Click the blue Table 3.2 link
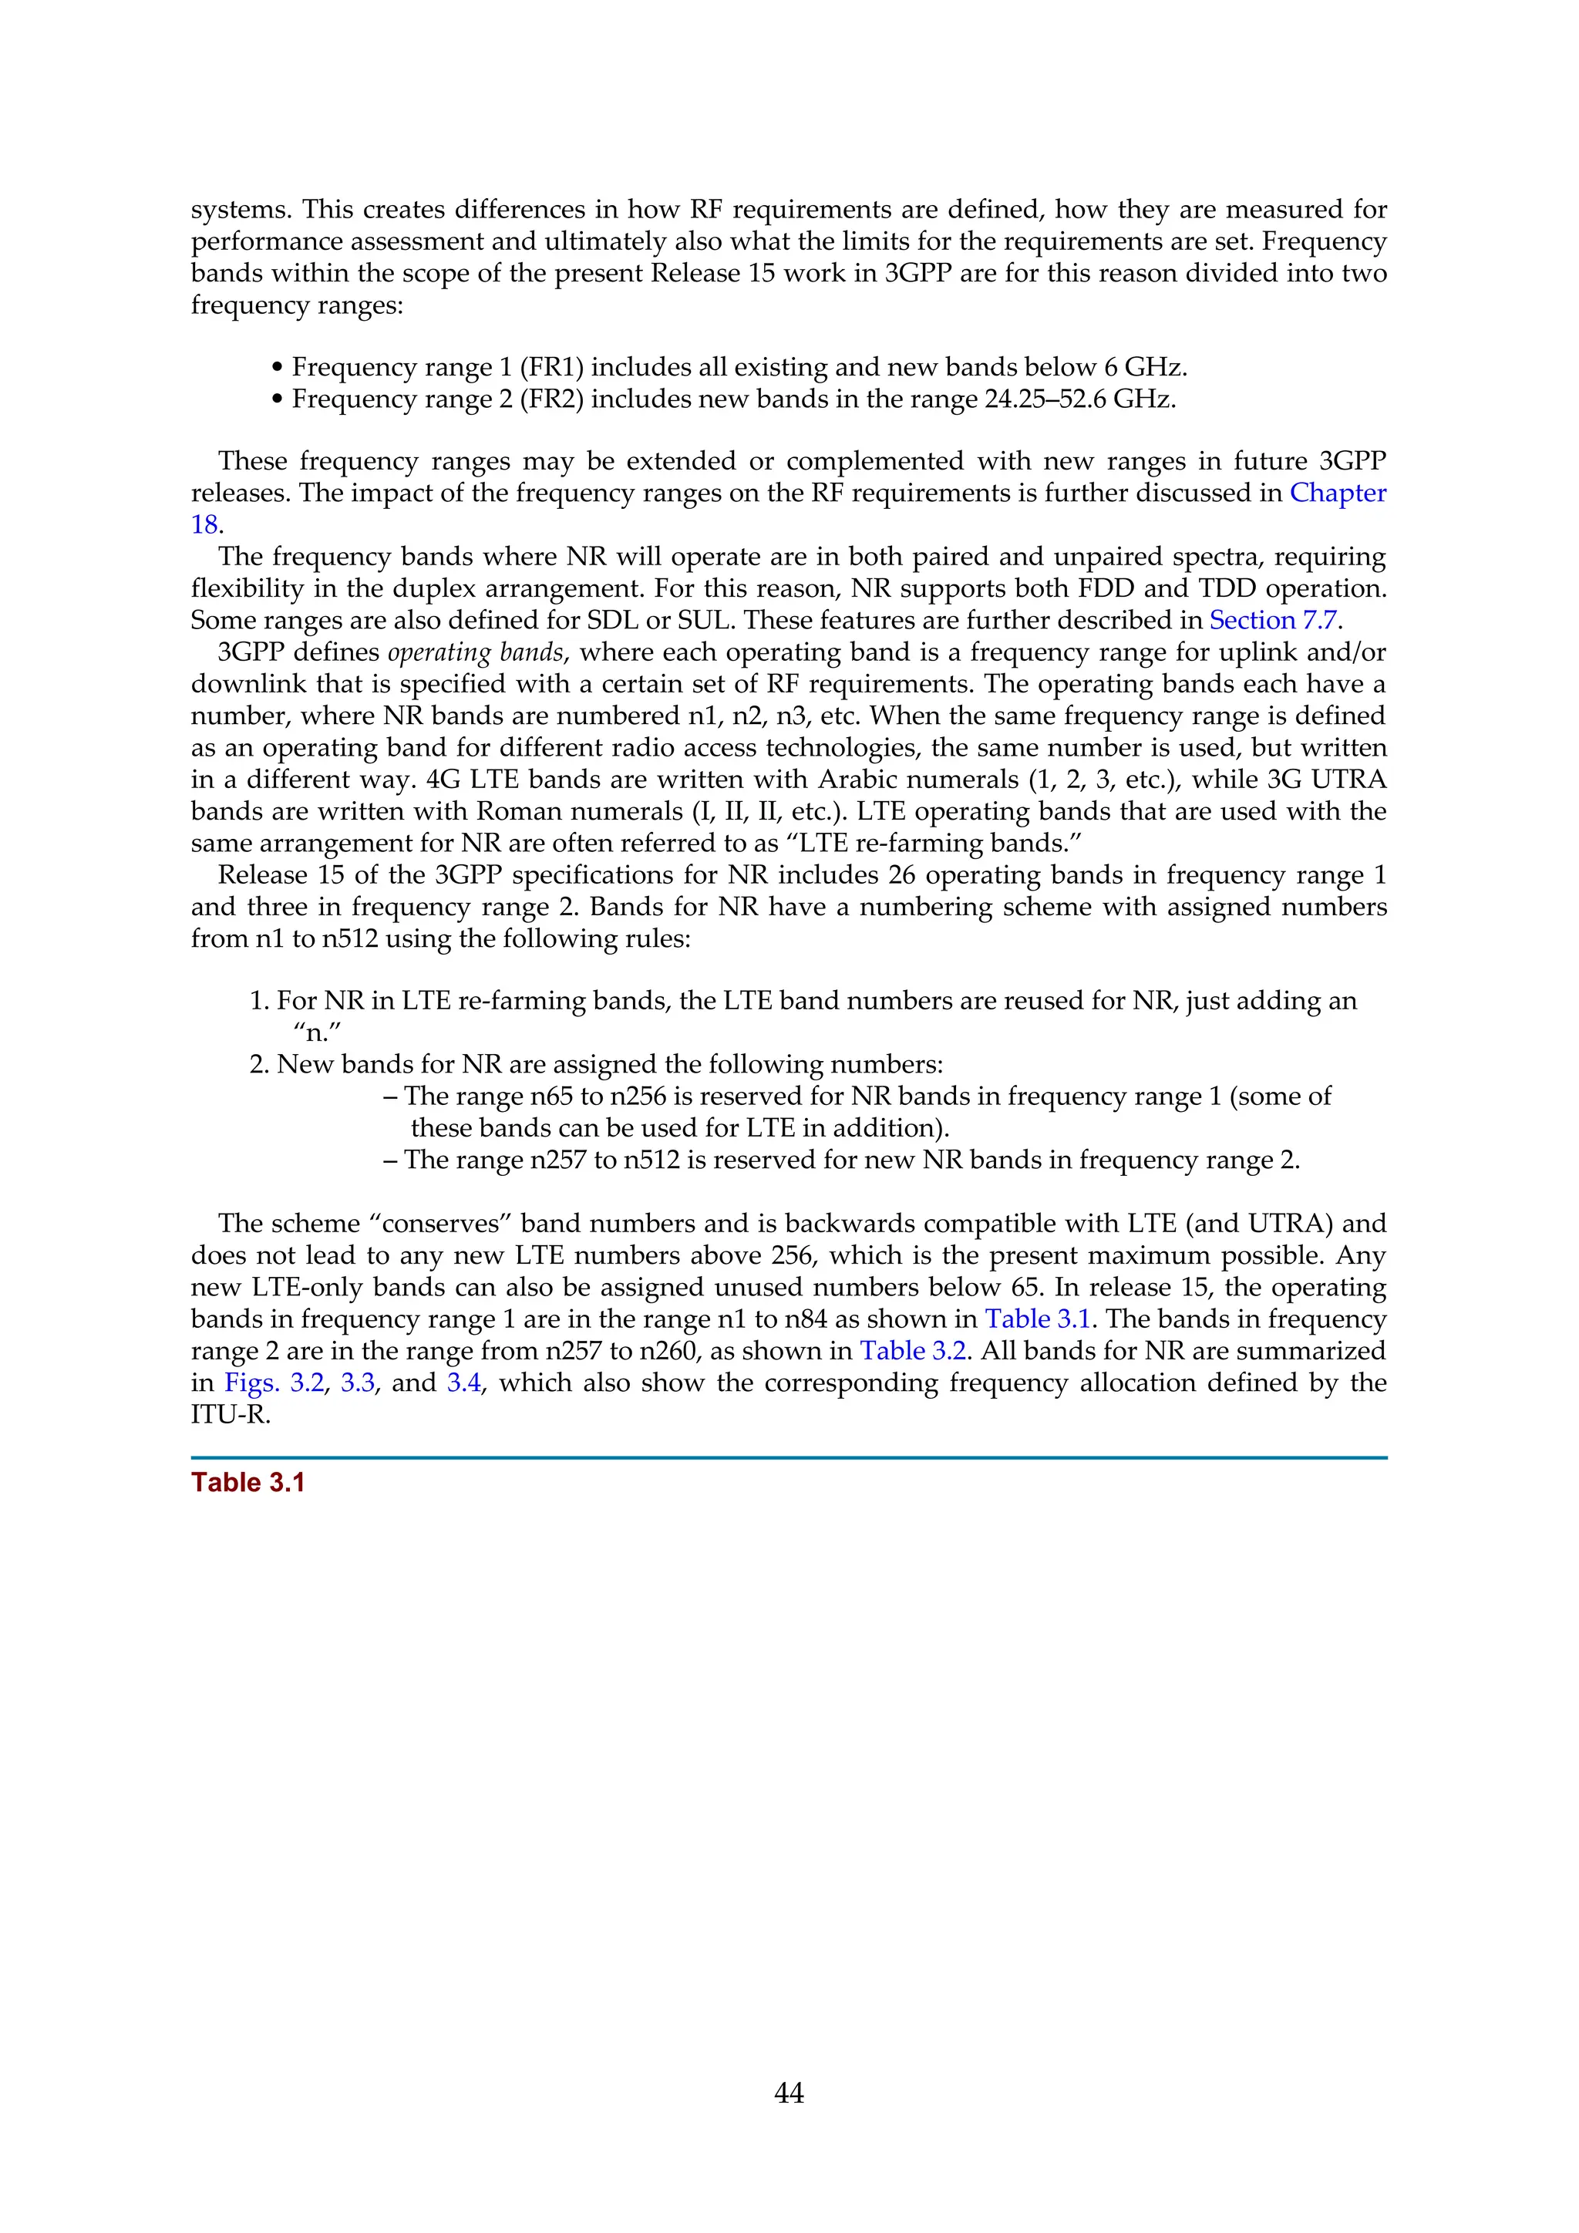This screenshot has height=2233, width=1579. tap(912, 1350)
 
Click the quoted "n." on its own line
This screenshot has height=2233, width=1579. tap(316, 1032)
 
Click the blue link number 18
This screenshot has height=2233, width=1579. tap(204, 524)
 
